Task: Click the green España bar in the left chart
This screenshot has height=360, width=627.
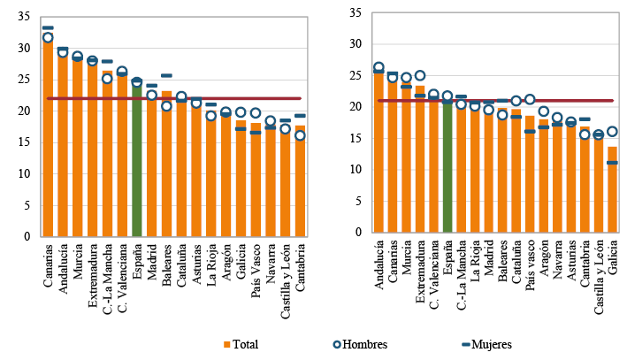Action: [x=136, y=159]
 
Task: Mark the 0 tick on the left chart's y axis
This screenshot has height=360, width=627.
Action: [x=25, y=237]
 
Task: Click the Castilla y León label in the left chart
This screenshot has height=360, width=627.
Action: [x=285, y=269]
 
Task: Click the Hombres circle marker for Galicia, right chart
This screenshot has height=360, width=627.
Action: [x=612, y=132]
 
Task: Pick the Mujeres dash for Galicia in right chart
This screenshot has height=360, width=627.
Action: [x=612, y=163]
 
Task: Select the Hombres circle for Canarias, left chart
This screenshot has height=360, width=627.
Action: [x=48, y=38]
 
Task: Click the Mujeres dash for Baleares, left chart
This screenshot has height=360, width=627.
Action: [x=166, y=75]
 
